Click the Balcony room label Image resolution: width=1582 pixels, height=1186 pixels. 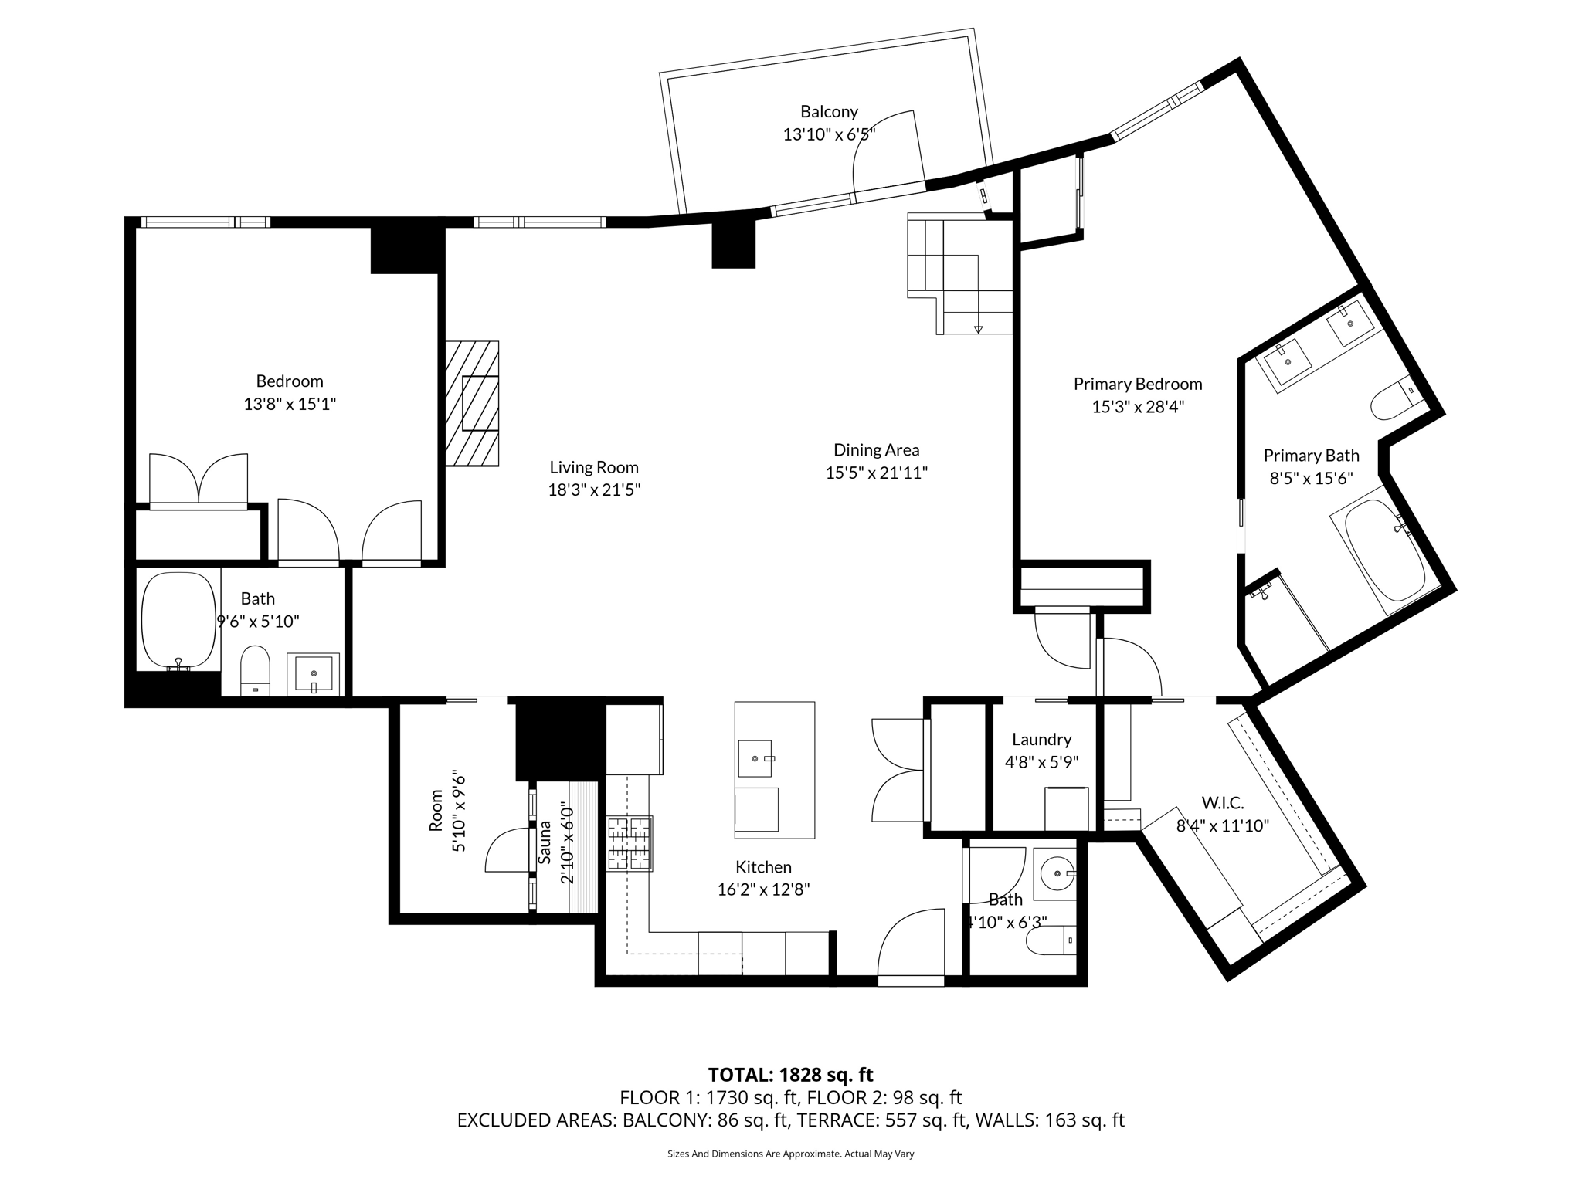point(829,112)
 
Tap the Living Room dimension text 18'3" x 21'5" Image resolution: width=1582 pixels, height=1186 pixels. point(594,490)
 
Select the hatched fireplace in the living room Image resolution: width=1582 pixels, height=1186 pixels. point(472,403)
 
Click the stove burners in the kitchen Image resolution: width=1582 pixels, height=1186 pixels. point(630,843)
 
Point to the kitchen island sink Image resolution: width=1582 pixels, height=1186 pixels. point(755,758)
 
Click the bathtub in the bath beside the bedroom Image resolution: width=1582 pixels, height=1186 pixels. point(178,620)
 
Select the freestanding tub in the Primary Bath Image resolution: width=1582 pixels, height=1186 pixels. point(1384,550)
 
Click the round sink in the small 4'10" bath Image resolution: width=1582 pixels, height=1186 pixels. point(1055,874)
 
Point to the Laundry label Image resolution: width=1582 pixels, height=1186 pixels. point(1041,740)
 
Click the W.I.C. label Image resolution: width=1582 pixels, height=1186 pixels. point(1222,803)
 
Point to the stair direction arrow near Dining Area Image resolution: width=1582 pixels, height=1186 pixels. point(978,329)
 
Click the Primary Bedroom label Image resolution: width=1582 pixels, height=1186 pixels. point(1137,385)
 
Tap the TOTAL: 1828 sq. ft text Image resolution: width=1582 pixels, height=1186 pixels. point(790,1075)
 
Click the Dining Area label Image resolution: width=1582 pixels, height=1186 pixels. point(876,450)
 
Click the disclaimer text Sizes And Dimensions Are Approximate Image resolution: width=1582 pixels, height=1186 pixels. point(790,1154)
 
